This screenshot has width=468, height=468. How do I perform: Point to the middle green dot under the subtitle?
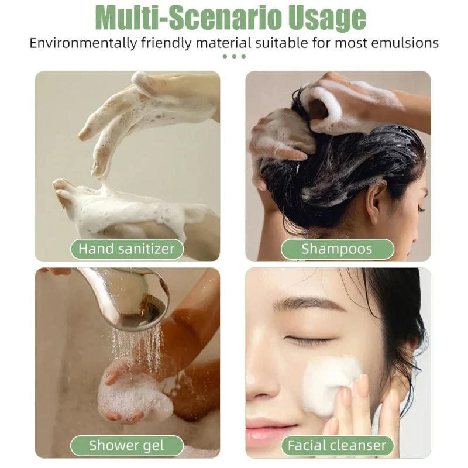pos(234,57)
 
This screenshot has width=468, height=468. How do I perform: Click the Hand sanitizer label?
pos(126,249)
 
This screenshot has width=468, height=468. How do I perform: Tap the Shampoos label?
pos(337,249)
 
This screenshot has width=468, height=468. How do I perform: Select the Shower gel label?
pos(126,445)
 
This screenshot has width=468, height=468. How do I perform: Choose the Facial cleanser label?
pos(337,445)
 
